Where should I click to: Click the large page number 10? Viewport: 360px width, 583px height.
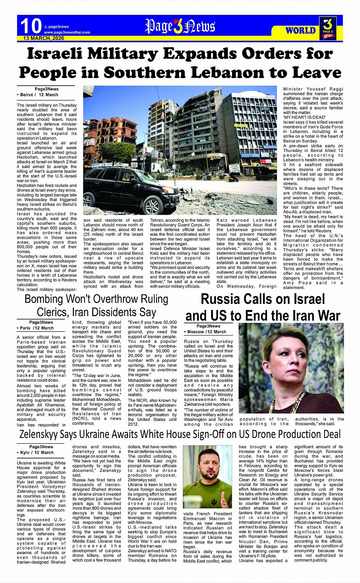tap(31, 26)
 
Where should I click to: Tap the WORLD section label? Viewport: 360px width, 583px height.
tap(300, 30)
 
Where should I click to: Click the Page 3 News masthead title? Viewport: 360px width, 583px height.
tap(180, 26)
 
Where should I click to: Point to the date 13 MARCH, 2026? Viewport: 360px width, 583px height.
tap(43, 38)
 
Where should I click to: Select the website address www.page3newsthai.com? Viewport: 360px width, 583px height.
tap(67, 32)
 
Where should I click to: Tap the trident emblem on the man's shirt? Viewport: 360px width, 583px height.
tap(214, 502)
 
